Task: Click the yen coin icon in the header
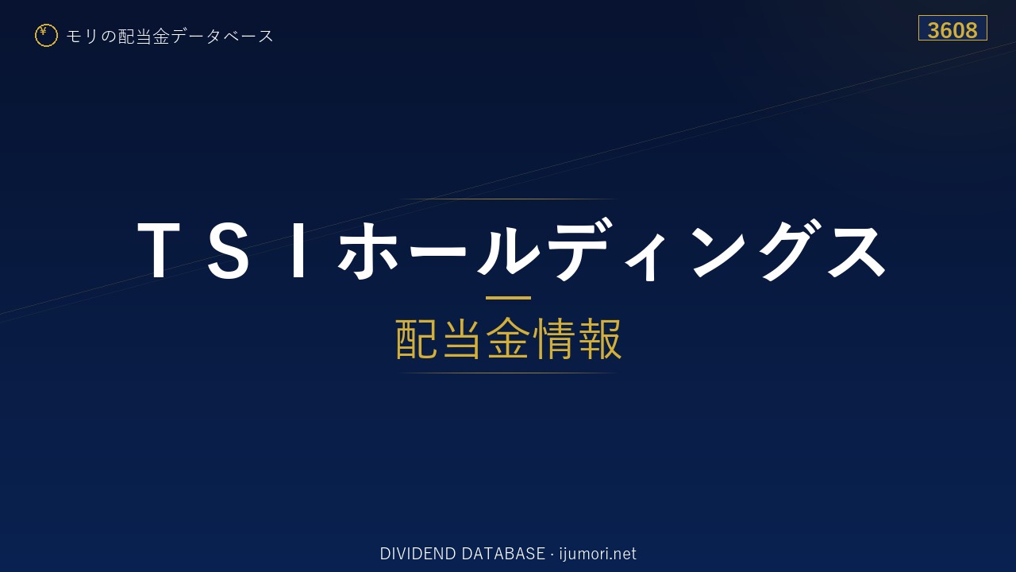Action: point(46,36)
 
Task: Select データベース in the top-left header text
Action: point(222,37)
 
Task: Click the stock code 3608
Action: point(952,30)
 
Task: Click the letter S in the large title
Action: point(228,250)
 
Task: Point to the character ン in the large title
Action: point(720,251)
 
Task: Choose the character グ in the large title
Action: point(791,249)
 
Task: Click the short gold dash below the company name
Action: point(508,298)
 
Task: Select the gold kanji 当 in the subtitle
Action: point(462,338)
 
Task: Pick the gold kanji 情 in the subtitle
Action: point(553,338)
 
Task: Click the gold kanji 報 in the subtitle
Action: point(599,338)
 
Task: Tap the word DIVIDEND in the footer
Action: point(418,554)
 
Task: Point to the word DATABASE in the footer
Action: point(503,554)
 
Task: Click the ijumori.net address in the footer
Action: point(598,555)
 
